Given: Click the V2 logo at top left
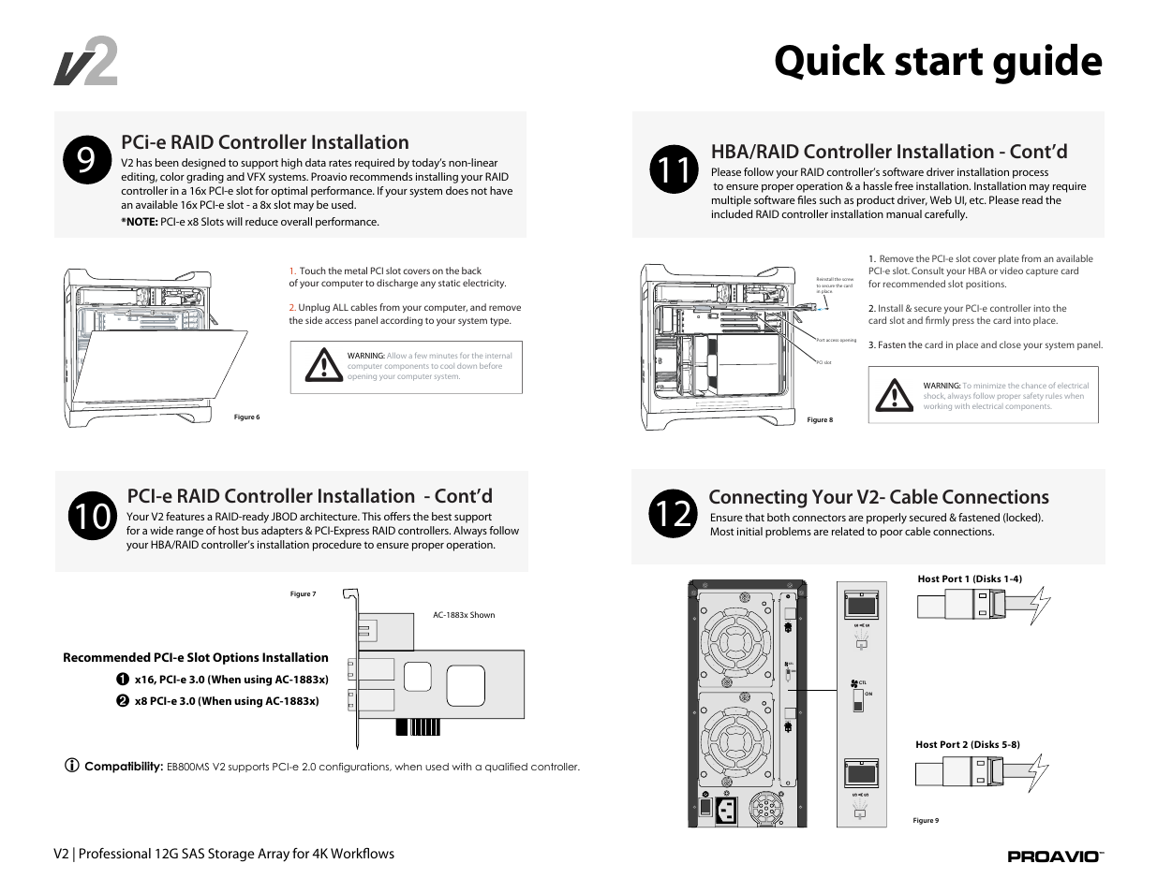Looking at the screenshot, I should click(85, 64).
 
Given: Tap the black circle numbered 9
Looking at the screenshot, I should click(86, 161).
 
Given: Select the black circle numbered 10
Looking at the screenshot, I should click(92, 516).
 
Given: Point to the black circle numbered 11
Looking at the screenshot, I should click(673, 170).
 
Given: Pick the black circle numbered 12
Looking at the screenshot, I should click(672, 514).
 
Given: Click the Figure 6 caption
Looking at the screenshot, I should click(246, 417).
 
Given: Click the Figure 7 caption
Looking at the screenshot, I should click(303, 593).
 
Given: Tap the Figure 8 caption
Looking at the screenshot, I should click(820, 420).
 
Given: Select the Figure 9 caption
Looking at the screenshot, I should click(926, 821).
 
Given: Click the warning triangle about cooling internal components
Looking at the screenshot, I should click(324, 365).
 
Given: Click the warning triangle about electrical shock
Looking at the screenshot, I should click(895, 396).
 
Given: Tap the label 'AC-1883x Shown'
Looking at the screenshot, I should click(464, 615).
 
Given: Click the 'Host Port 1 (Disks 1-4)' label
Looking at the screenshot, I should click(970, 579).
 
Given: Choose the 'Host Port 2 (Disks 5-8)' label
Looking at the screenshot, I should click(968, 745).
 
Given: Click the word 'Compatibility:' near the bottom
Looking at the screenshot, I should click(124, 767).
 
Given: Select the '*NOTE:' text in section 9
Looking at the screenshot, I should click(139, 223).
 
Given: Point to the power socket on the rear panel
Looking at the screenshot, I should click(726, 810).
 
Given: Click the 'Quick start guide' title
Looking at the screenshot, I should click(938, 62).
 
